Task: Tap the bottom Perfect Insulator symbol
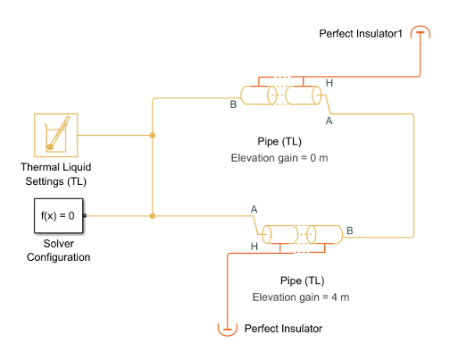(228, 329)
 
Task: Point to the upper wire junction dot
(154, 136)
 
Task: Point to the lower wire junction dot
(154, 215)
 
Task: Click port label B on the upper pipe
(233, 104)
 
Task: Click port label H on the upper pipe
(329, 83)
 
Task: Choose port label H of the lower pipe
(254, 246)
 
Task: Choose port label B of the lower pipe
(350, 230)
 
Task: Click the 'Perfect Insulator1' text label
(362, 33)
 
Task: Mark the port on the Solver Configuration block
(85, 215)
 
